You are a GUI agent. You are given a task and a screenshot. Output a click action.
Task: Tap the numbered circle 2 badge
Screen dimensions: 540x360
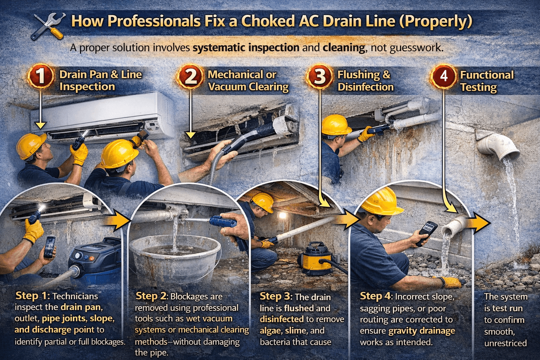(x=190, y=76)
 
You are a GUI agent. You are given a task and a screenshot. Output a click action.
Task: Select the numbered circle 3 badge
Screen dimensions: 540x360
(x=320, y=76)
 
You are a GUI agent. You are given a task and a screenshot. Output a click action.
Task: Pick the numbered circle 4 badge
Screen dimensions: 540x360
(x=444, y=76)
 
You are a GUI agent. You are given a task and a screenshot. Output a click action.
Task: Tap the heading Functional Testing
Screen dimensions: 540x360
(x=487, y=81)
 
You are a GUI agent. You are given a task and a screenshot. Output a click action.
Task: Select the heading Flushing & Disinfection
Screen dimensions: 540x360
(x=365, y=81)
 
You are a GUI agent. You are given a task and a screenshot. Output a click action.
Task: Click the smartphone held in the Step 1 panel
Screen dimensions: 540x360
(x=50, y=247)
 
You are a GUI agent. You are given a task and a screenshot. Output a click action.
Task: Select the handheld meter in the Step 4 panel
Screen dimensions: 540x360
(x=426, y=233)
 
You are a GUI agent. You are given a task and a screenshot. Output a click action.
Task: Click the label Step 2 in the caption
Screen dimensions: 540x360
(x=152, y=296)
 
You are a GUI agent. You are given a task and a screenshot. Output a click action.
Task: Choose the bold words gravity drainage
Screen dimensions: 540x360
(x=422, y=331)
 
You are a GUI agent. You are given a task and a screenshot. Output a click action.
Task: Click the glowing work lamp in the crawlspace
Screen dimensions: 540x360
(x=282, y=215)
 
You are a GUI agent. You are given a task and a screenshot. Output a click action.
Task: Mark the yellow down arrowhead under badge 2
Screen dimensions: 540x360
(x=191, y=135)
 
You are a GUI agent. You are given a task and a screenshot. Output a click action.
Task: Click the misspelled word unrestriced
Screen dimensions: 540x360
(x=505, y=343)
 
